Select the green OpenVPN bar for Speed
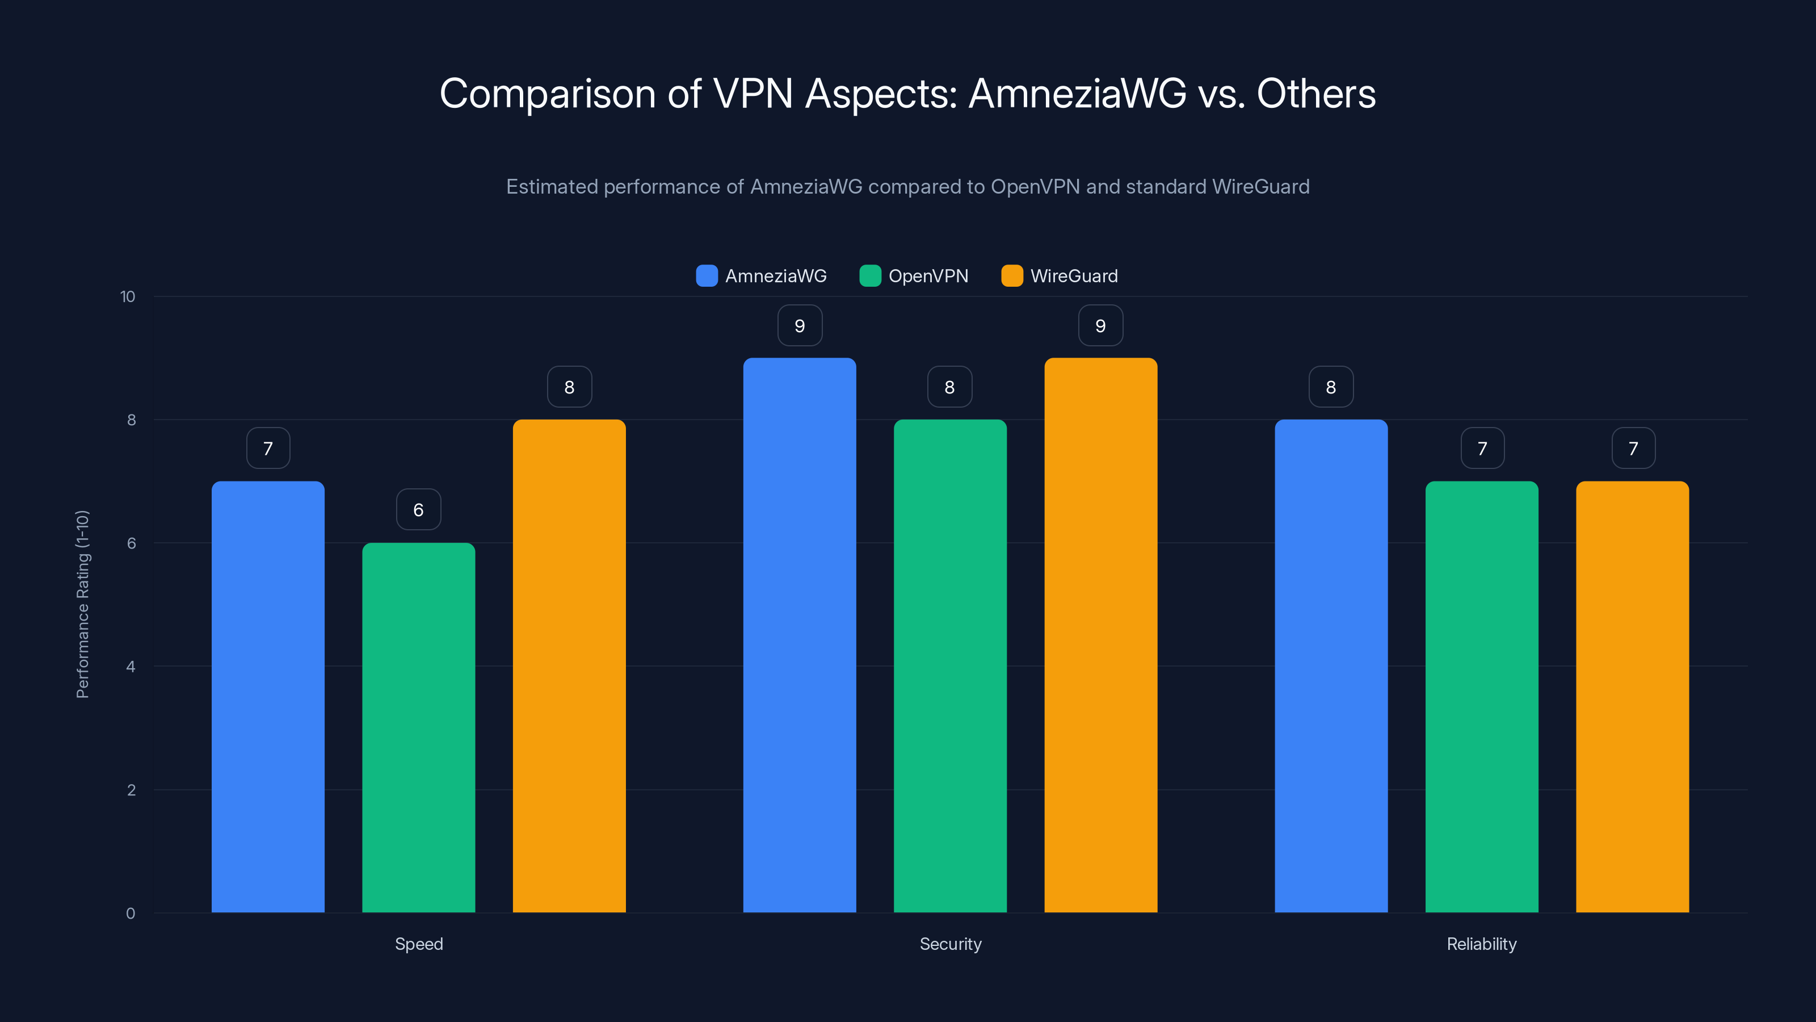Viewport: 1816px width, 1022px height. click(x=418, y=727)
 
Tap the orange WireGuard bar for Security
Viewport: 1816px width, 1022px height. click(x=1100, y=635)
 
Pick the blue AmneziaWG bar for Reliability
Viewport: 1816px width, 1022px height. click(x=1331, y=666)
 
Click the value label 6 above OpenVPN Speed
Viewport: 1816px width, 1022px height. click(x=418, y=509)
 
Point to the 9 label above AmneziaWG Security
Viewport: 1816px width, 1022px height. click(x=800, y=325)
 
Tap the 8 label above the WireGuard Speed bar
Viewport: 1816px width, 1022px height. click(x=569, y=387)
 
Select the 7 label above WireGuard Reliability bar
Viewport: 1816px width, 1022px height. click(x=1633, y=448)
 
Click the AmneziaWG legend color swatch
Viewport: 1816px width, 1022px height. click(x=707, y=276)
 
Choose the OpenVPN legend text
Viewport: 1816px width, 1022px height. click(x=928, y=276)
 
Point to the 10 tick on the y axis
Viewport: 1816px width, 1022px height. click(x=128, y=296)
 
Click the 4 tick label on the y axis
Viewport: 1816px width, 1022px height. click(x=131, y=667)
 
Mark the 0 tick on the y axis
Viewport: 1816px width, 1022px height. click(x=131, y=914)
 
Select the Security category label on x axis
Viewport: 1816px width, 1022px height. click(x=951, y=944)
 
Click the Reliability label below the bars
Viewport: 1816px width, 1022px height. click(x=1481, y=944)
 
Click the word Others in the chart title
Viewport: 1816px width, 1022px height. click(x=1315, y=94)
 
